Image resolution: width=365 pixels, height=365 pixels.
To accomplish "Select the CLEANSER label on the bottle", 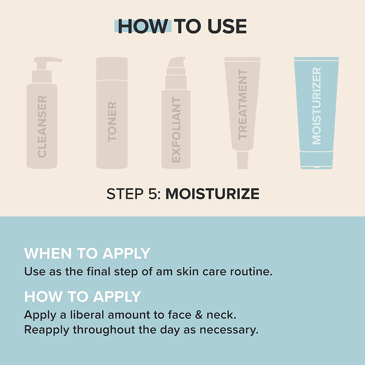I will point(42,127).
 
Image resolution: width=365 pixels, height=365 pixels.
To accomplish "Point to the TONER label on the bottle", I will point(112,122).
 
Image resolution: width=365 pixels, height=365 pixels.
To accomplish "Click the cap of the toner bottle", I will point(112,68).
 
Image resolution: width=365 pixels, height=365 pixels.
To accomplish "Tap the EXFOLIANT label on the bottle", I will point(176,130).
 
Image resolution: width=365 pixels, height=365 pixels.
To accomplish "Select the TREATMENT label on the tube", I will point(242,104).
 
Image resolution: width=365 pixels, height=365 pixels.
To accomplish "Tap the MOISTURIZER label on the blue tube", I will point(317,106).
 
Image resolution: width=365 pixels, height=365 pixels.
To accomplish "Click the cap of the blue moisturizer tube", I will point(316,159).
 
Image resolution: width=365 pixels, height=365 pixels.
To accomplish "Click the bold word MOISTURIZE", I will point(212,194).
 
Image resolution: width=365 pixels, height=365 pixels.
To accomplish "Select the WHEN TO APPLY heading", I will point(87,253).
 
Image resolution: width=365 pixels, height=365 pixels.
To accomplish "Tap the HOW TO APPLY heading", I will point(82,297).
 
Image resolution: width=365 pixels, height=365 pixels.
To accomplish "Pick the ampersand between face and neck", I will point(199,315).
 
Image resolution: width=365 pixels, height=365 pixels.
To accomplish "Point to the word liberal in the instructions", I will point(87,315).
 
